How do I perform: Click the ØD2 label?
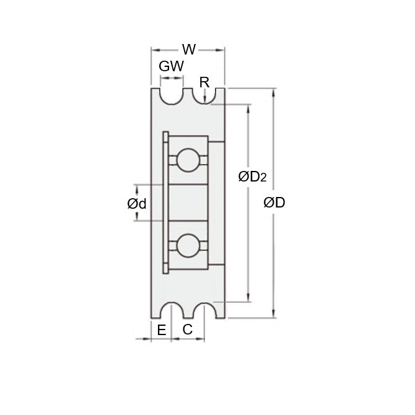[x=252, y=178]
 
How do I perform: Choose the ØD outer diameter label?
[x=274, y=203]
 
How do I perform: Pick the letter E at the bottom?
[x=161, y=330]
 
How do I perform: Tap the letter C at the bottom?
[x=187, y=330]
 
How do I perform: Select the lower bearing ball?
[x=186, y=245]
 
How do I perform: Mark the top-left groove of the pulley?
[x=172, y=95]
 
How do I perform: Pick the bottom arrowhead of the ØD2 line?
[x=250, y=298]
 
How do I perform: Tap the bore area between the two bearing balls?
[x=186, y=203]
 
